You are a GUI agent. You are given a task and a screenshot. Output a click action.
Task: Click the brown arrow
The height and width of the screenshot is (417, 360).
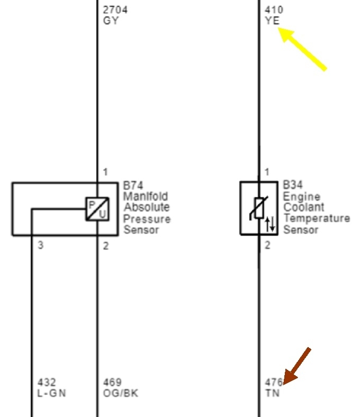pos(296,365)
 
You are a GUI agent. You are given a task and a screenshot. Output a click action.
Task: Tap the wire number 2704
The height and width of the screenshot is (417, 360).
pos(116,10)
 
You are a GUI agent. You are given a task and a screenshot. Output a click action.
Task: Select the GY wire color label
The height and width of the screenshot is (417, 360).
pos(111,21)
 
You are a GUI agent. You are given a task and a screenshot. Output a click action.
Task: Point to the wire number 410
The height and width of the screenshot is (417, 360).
pos(273,10)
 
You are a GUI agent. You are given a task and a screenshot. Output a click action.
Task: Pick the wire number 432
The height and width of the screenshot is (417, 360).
pos(46,383)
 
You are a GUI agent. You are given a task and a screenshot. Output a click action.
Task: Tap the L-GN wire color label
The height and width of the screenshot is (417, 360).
pos(52,393)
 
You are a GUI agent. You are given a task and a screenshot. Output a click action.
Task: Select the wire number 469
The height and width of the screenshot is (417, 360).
pos(112,383)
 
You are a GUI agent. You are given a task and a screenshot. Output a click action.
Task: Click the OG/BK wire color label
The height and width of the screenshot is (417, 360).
pos(121,393)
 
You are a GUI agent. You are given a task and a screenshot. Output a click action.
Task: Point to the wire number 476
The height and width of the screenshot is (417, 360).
pos(273,383)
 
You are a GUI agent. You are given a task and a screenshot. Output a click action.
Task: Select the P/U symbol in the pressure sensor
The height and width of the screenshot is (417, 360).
pos(97,209)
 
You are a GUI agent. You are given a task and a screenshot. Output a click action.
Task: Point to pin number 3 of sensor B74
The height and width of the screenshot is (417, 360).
pos(40,246)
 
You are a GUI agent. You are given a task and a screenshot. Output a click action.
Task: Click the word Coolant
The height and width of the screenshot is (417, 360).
pos(304,207)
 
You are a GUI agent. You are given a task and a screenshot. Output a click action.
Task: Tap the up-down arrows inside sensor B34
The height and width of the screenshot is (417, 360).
pos(271,224)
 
